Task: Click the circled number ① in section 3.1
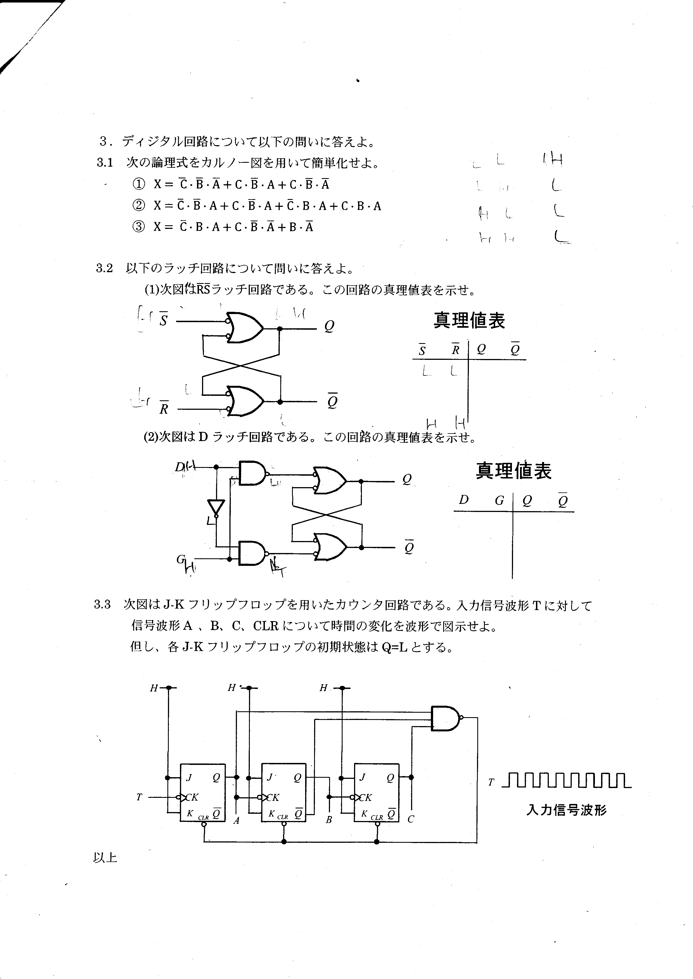pos(139,184)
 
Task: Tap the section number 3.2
pos(104,268)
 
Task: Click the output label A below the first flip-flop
pos(236,820)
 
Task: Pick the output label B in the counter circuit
pos(329,820)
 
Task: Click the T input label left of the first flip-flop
pos(139,797)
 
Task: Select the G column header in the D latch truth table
pos(499,501)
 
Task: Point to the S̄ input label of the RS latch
pos(163,320)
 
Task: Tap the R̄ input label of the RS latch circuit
pos(163,408)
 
